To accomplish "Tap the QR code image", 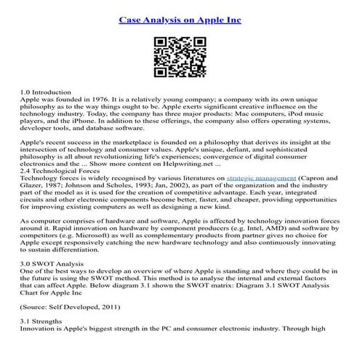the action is tap(180, 57).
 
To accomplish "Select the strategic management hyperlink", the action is tap(259, 177).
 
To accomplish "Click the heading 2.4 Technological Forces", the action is tap(64, 169).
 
